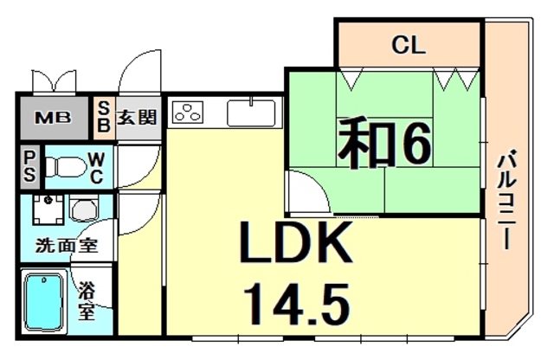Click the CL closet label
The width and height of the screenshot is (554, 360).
coord(408,45)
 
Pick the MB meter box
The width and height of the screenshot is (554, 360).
coord(53,116)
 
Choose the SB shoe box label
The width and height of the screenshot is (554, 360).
coord(102,116)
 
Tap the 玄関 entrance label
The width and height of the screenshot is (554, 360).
coord(137,116)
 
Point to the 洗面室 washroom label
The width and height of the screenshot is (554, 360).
coord(66,245)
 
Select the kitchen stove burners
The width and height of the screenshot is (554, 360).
coord(188,112)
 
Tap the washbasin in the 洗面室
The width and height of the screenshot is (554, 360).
coord(84,210)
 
